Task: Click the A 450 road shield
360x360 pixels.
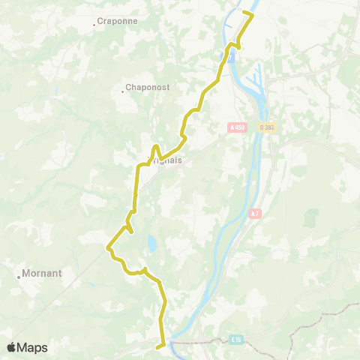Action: (237, 128)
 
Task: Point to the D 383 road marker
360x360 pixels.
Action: (267, 128)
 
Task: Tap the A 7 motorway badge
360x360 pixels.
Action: (256, 214)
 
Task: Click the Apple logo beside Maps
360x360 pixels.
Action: (11, 347)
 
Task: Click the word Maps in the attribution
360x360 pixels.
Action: (32, 347)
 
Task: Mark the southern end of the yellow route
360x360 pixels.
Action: (157, 347)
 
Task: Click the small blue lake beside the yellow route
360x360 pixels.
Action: (152, 244)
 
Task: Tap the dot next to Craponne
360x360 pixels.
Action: (94, 24)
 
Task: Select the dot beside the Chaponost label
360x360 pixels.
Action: (123, 91)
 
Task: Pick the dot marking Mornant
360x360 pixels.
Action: (19, 276)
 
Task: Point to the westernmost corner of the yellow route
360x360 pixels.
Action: (109, 247)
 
